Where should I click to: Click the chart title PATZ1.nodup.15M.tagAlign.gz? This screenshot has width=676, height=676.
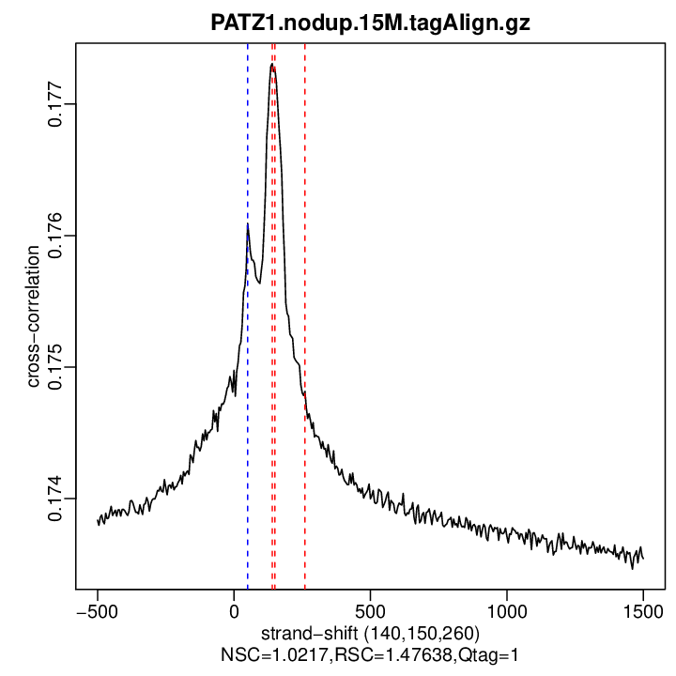(370, 23)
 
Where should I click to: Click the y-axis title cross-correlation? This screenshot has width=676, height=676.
(33, 315)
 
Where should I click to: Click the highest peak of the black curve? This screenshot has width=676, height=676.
(271, 65)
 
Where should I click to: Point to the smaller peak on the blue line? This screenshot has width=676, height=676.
(248, 225)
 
